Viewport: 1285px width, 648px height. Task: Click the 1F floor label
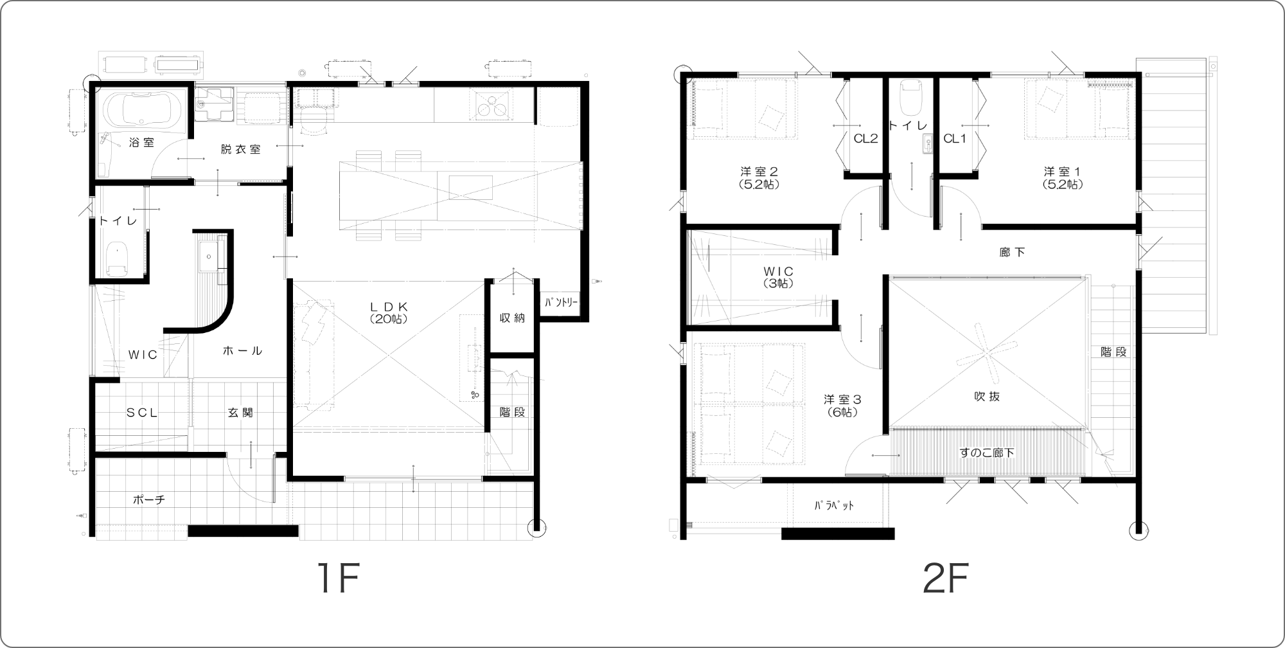[x=336, y=579]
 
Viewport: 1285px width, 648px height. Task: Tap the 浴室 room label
[x=141, y=143]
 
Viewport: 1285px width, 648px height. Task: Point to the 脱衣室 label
[x=240, y=149]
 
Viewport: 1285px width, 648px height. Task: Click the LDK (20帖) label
[x=389, y=312]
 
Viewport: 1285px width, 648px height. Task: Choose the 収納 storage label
[x=512, y=318]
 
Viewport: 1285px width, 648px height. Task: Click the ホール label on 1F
[x=242, y=351]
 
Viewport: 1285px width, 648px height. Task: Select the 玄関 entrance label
[x=240, y=413]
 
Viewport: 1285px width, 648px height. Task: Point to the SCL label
[x=141, y=413]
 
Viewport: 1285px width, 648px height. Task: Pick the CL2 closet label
[x=865, y=138]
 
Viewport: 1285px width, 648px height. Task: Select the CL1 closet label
[x=955, y=138]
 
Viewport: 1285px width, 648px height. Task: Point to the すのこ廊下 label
[x=988, y=453]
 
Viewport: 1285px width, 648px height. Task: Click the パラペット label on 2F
[x=835, y=505]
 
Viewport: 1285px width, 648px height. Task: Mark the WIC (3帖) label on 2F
[x=779, y=277]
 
